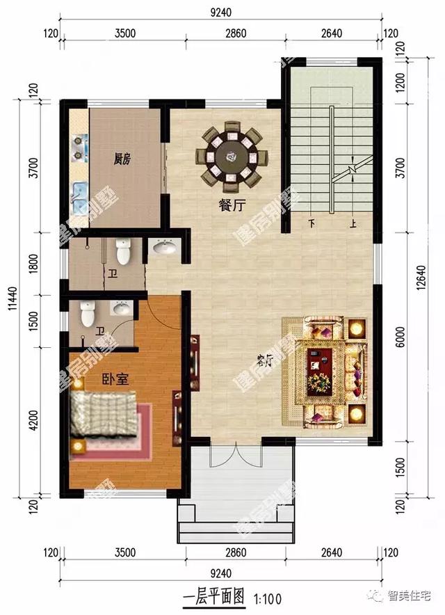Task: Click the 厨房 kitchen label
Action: pos(122,159)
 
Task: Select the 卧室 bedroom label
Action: pos(98,380)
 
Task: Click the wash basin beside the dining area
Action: pos(164,247)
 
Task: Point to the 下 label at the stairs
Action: pos(311,225)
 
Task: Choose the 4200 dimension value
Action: pos(44,420)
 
